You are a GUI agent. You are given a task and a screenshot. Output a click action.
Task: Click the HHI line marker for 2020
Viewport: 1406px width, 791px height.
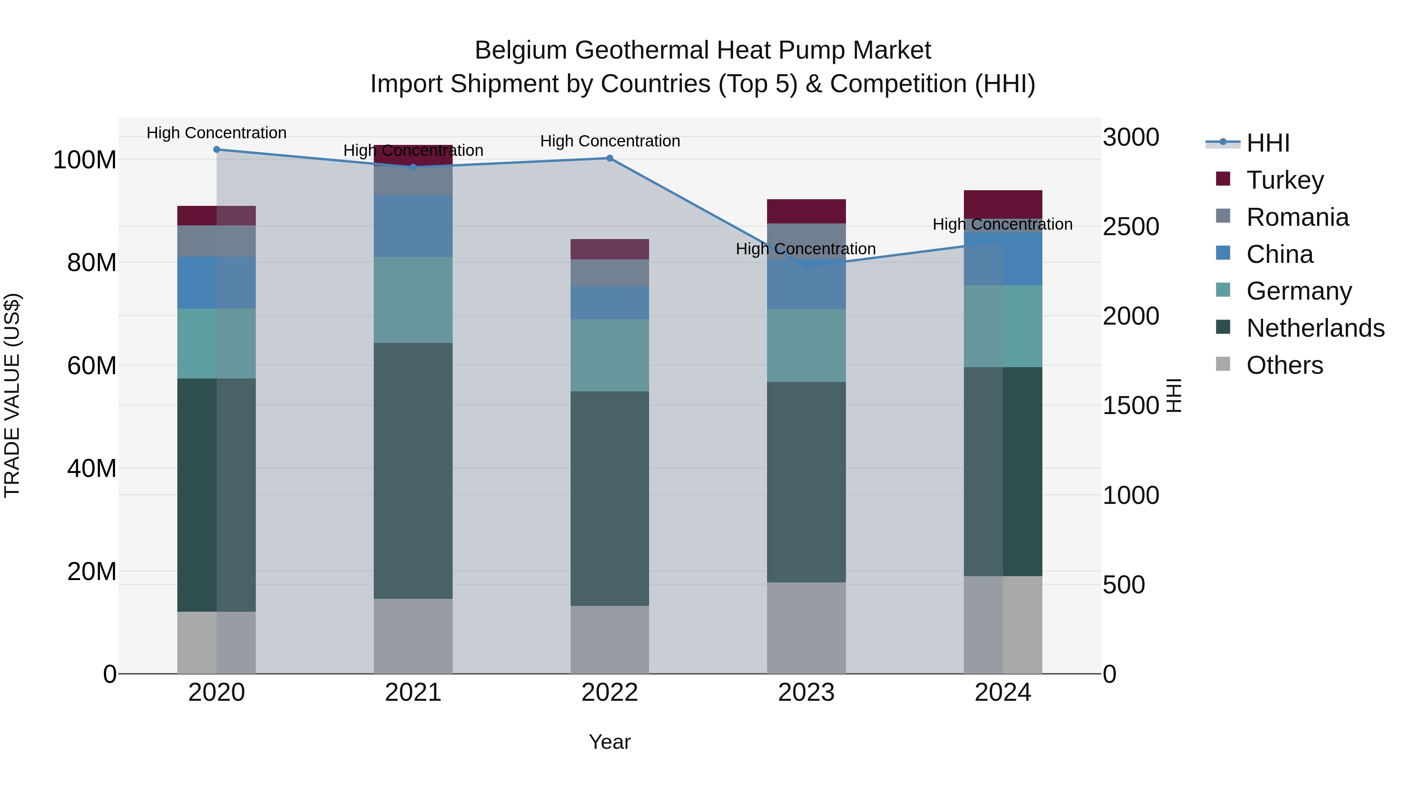(217, 149)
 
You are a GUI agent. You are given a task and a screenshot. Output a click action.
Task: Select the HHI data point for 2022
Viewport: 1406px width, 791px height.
(610, 158)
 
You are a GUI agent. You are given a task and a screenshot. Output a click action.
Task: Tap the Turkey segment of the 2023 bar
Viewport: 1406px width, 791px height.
(806, 211)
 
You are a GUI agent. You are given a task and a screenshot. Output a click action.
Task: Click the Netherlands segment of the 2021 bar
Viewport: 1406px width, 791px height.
(413, 471)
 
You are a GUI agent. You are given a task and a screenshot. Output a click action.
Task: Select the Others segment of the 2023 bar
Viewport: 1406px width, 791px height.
(806, 628)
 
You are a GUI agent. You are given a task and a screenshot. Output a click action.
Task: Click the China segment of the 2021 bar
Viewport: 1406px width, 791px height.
(413, 226)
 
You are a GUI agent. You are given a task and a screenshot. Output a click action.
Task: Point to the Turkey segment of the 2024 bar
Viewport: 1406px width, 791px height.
(1003, 204)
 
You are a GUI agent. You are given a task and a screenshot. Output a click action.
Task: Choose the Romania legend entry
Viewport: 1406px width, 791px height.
(1297, 217)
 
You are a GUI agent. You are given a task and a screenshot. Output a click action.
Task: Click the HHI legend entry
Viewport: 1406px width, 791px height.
(1268, 143)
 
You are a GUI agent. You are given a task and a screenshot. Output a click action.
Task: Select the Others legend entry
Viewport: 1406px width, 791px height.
(1284, 365)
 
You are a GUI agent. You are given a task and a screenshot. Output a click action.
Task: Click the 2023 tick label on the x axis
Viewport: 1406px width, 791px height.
(806, 693)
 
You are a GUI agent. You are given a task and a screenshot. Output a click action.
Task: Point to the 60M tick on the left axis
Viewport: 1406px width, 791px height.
(92, 365)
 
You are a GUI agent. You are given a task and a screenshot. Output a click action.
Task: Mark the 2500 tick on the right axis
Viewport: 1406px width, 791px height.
(1130, 227)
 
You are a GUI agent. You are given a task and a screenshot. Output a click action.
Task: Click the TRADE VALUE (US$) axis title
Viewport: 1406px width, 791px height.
(12, 395)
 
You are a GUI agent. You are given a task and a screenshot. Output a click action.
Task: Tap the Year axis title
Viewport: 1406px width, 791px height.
(610, 742)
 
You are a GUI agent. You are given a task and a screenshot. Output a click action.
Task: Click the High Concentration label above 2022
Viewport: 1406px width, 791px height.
(610, 141)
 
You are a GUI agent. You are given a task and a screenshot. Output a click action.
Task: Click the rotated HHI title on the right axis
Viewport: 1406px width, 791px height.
(1174, 395)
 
